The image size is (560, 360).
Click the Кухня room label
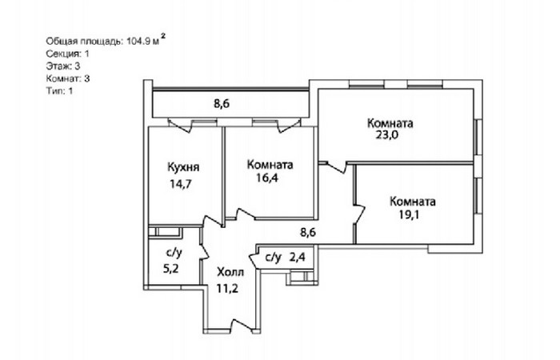pos(183,167)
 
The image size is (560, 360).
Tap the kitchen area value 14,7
pos(181,184)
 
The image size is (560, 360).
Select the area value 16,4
pos(267,178)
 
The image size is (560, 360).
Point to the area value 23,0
pos(386,135)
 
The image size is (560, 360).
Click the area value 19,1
pos(410,214)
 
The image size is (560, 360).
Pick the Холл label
pos(230,272)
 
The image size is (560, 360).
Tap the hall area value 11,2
pos(227,288)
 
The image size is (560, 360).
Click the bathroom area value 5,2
pos(170,269)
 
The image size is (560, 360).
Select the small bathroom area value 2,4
pos(297,257)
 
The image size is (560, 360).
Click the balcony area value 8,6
pos(222,104)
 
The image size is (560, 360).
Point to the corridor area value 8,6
pos(308,233)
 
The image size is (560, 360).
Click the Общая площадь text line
pos(106,40)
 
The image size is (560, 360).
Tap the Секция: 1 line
pos(67,54)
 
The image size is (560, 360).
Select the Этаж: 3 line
pos(63,66)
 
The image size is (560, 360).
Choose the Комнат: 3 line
pos(68,78)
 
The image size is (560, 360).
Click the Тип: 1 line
pos(60,90)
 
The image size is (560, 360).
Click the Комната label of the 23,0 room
pos(390,123)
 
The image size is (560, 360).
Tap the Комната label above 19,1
pos(413,202)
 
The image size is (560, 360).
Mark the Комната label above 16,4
pos(270,165)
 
